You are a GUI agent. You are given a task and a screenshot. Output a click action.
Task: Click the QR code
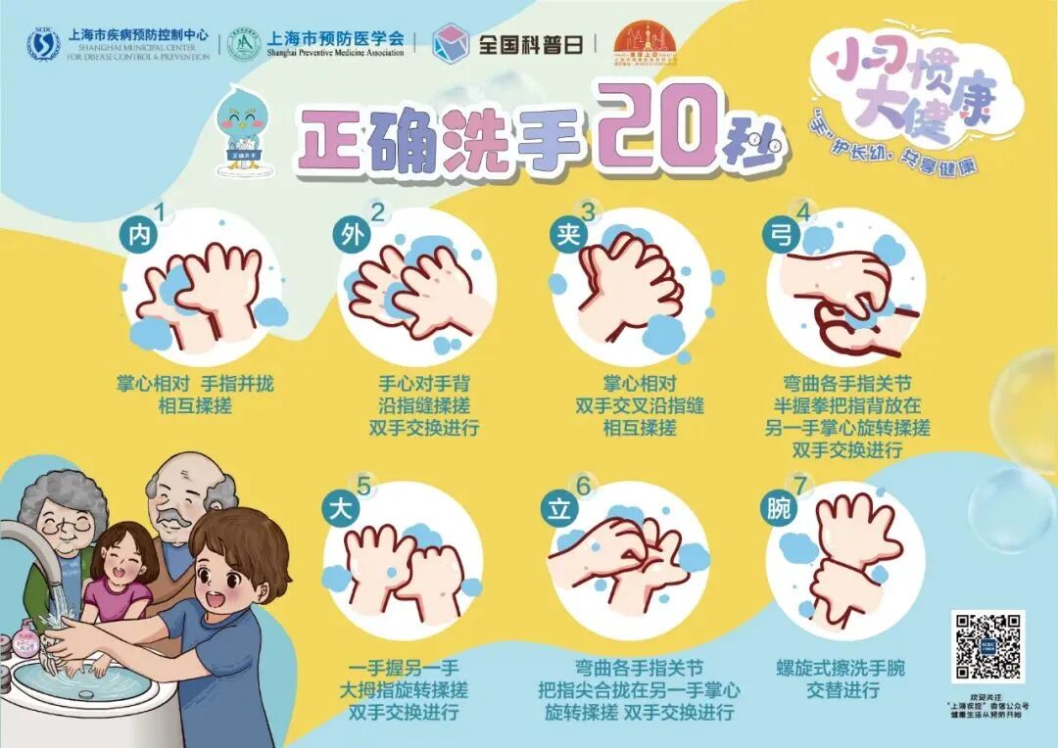click(986, 647)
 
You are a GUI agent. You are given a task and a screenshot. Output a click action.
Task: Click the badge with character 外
click(355, 236)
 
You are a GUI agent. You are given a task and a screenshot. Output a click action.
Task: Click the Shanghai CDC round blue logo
click(42, 44)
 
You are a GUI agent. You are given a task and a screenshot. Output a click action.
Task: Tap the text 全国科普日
click(529, 44)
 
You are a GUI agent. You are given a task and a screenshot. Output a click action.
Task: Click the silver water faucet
click(29, 548)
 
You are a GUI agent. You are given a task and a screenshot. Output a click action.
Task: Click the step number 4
click(803, 210)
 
